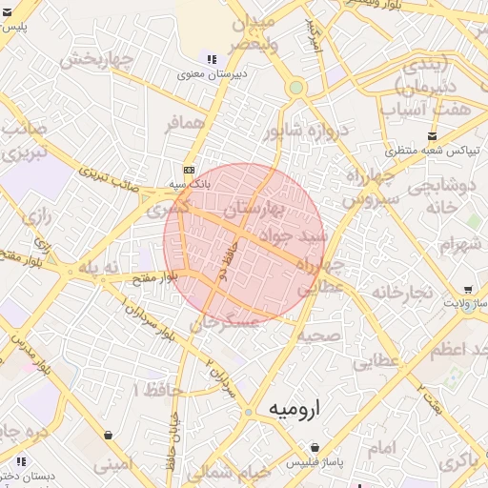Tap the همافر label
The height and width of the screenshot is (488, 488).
pos(184,125)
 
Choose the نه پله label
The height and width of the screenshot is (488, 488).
pos(98,269)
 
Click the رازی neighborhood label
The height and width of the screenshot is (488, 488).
pos(34,216)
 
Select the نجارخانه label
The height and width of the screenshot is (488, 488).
pos(402,290)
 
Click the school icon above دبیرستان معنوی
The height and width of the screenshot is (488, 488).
pos(211,60)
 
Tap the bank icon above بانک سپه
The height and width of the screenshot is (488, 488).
pos(188,169)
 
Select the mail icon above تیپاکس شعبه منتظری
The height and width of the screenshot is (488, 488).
pos(434,136)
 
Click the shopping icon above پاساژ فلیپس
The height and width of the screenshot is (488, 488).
pos(314,448)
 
